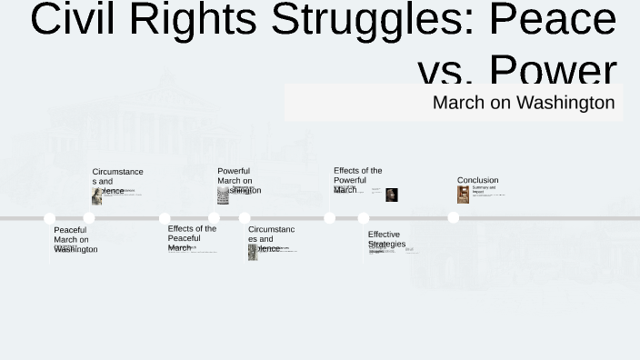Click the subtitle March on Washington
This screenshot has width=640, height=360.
tap(523, 102)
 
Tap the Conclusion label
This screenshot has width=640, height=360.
tap(477, 180)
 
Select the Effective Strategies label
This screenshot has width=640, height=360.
tap(386, 239)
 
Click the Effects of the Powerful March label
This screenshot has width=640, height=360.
tap(357, 180)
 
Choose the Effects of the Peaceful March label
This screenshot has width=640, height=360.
tap(192, 237)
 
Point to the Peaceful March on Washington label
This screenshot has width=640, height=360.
tap(73, 239)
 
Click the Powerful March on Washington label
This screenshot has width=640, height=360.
tap(236, 180)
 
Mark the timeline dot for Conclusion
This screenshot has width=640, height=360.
tap(453, 217)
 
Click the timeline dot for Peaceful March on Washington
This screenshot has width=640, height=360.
tap(50, 218)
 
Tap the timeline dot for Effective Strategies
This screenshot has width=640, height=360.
tap(364, 218)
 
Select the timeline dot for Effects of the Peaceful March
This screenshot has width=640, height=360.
tap(165, 218)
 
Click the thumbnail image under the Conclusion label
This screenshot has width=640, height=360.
tap(463, 195)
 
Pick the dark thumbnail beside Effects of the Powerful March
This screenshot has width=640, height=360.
tap(391, 195)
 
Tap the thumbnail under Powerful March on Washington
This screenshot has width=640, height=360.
tap(223, 195)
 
